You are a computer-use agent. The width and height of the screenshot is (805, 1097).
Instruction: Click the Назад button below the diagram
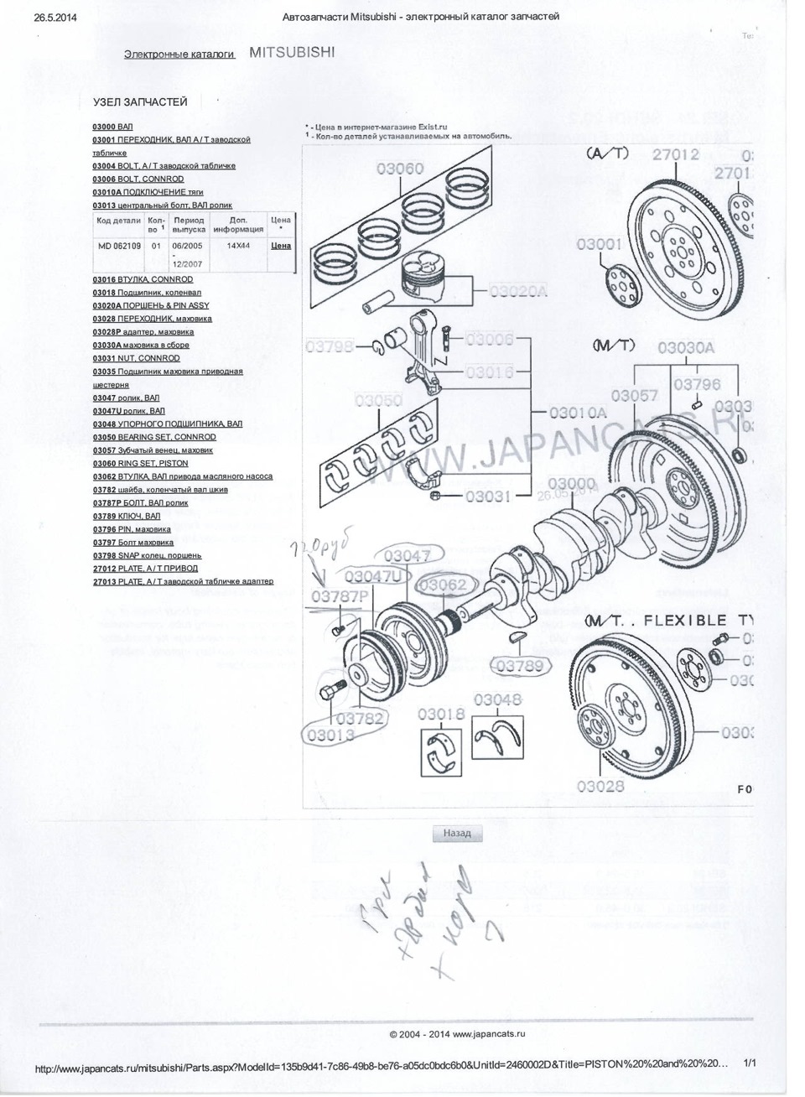pyautogui.click(x=458, y=834)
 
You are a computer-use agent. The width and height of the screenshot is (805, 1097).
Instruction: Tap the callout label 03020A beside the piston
pyautogui.click(x=517, y=290)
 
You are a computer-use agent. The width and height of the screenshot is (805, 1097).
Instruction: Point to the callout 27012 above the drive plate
pyautogui.click(x=675, y=154)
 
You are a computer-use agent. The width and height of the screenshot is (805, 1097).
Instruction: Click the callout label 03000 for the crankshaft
pyautogui.click(x=571, y=484)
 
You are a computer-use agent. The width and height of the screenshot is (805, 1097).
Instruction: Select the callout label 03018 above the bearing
pyautogui.click(x=440, y=714)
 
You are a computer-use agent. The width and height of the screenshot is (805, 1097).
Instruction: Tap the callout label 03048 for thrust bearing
pyautogui.click(x=497, y=699)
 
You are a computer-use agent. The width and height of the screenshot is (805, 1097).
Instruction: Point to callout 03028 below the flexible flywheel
pyautogui.click(x=600, y=786)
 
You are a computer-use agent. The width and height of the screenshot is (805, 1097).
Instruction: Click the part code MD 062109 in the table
pyautogui.click(x=118, y=246)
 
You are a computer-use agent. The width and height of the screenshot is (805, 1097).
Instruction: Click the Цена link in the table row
pyautogui.click(x=281, y=246)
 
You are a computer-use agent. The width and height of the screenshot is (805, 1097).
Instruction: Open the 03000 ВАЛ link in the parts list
pyautogui.click(x=113, y=126)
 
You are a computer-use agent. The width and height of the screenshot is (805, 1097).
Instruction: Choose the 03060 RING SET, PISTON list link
pyautogui.click(x=140, y=463)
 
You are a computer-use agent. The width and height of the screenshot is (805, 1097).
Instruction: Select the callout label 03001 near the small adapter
pyautogui.click(x=599, y=244)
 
